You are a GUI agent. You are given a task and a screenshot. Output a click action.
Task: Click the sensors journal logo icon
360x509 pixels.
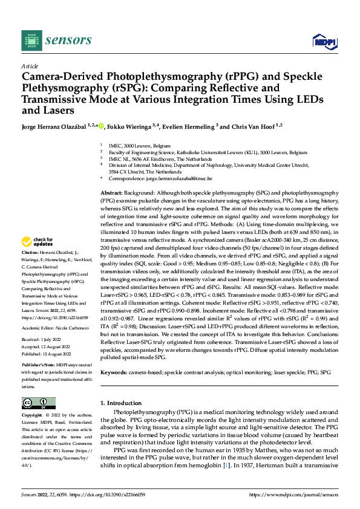(x=28, y=40)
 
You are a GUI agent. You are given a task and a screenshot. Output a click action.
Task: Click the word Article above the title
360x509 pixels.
(x=30, y=66)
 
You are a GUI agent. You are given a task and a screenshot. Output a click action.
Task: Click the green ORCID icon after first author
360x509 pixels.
(x=101, y=126)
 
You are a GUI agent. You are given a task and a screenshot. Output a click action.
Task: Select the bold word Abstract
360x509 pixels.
(x=112, y=191)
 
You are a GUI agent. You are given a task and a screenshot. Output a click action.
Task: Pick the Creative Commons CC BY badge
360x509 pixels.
(x=38, y=403)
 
